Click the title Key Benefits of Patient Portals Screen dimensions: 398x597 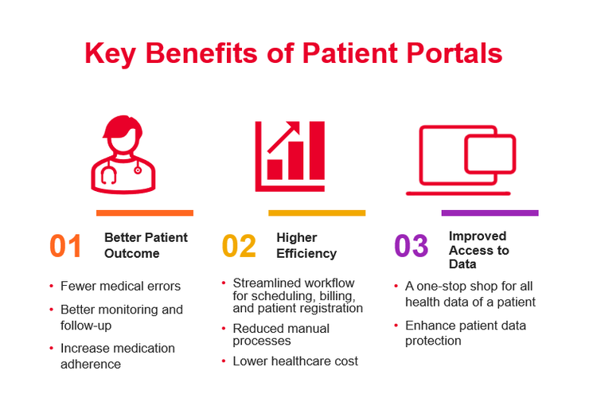pos(294,53)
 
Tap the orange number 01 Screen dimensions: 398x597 pos(66,246)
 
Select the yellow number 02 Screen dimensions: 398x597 pos(239,246)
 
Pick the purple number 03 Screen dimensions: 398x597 pos(412,246)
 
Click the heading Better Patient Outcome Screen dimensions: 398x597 pos(146,245)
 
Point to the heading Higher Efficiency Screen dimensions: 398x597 pos(306,245)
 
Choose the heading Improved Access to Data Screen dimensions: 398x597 pos(478,250)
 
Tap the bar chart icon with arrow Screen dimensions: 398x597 pos(291,155)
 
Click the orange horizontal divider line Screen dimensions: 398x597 pos(144,213)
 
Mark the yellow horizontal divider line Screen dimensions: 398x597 pos(317,213)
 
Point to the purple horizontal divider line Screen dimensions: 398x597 pos(490,213)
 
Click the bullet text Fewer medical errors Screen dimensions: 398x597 pos(120,287)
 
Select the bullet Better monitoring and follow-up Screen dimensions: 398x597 pos(121,317)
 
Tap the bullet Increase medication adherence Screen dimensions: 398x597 pos(117,356)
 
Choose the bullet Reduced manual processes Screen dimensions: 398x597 pos(280,334)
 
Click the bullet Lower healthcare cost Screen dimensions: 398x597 pos(295,361)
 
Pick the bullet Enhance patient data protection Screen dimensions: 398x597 pos(465,333)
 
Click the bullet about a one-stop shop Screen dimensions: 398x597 pos(470,294)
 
